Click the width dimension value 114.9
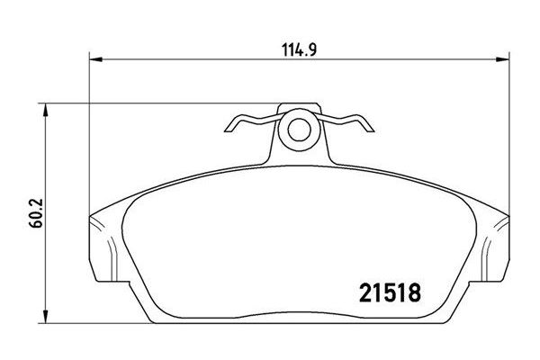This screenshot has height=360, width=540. pyautogui.click(x=299, y=50)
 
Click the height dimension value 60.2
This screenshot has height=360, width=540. pyautogui.click(x=36, y=212)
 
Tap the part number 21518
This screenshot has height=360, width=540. pyautogui.click(x=390, y=292)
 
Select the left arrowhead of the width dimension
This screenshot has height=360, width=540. pyautogui.click(x=96, y=59)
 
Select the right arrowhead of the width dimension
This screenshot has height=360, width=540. pyautogui.click(x=502, y=59)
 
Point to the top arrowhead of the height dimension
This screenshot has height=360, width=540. pyautogui.click(x=46, y=110)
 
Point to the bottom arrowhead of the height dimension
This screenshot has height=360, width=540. pyautogui.click(x=46, y=316)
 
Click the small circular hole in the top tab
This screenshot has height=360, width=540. pyautogui.click(x=300, y=130)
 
